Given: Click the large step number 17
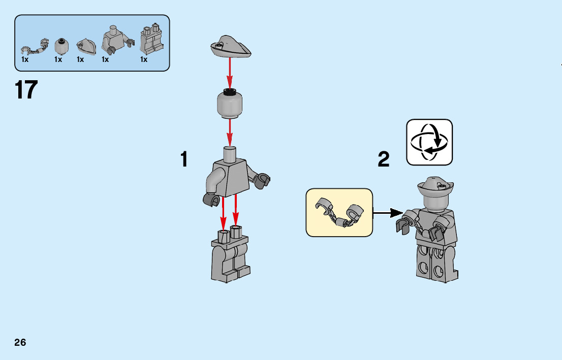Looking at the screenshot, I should tap(26, 90).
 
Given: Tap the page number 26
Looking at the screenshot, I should tap(20, 342).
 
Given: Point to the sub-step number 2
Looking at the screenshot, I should tap(384, 160).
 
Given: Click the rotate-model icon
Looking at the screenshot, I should tap(429, 142).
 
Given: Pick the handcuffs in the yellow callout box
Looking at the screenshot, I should tap(339, 212).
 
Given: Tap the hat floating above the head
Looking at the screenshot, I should tap(231, 47).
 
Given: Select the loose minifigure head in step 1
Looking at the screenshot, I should tap(230, 103).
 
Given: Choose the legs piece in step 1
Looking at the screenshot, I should tap(230, 256).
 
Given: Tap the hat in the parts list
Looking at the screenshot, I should tap(86, 46).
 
